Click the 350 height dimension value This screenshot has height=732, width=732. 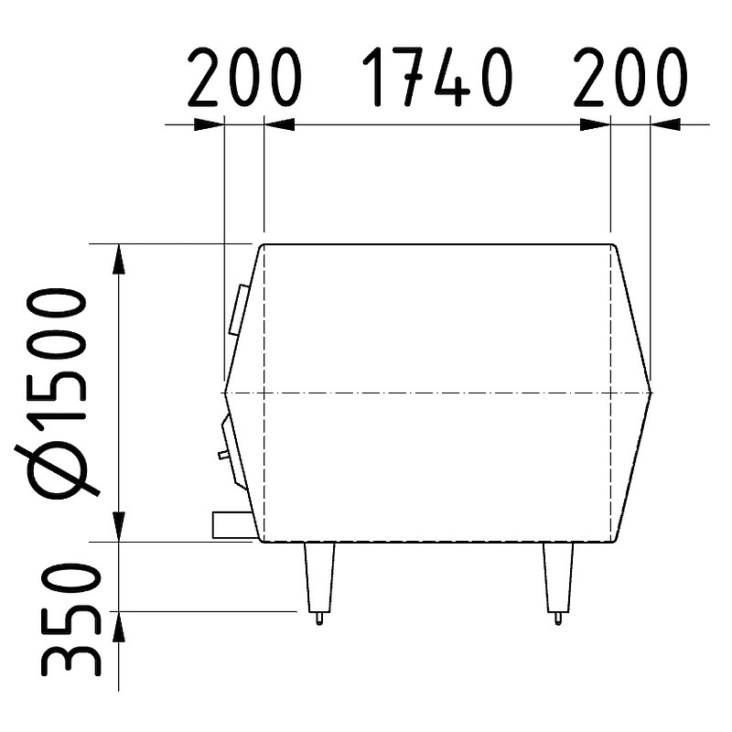coord(70,619)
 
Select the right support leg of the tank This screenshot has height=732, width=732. coord(557,576)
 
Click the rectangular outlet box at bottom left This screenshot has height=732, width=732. coord(232,524)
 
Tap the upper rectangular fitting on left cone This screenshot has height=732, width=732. coord(239,309)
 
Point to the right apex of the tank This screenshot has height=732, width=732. coord(651,392)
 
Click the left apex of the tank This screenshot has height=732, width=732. coord(225,392)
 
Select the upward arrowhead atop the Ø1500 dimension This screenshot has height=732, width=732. coord(119,258)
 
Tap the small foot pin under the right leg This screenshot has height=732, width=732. coord(557,619)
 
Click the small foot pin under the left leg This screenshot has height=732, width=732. coord(318,619)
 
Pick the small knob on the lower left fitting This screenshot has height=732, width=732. coord(222,454)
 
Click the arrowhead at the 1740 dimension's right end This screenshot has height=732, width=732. coord(596,124)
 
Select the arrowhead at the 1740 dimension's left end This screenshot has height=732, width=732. coord(279,124)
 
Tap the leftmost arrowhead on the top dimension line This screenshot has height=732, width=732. coord(210,124)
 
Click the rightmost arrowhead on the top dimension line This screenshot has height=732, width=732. coord(665,124)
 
